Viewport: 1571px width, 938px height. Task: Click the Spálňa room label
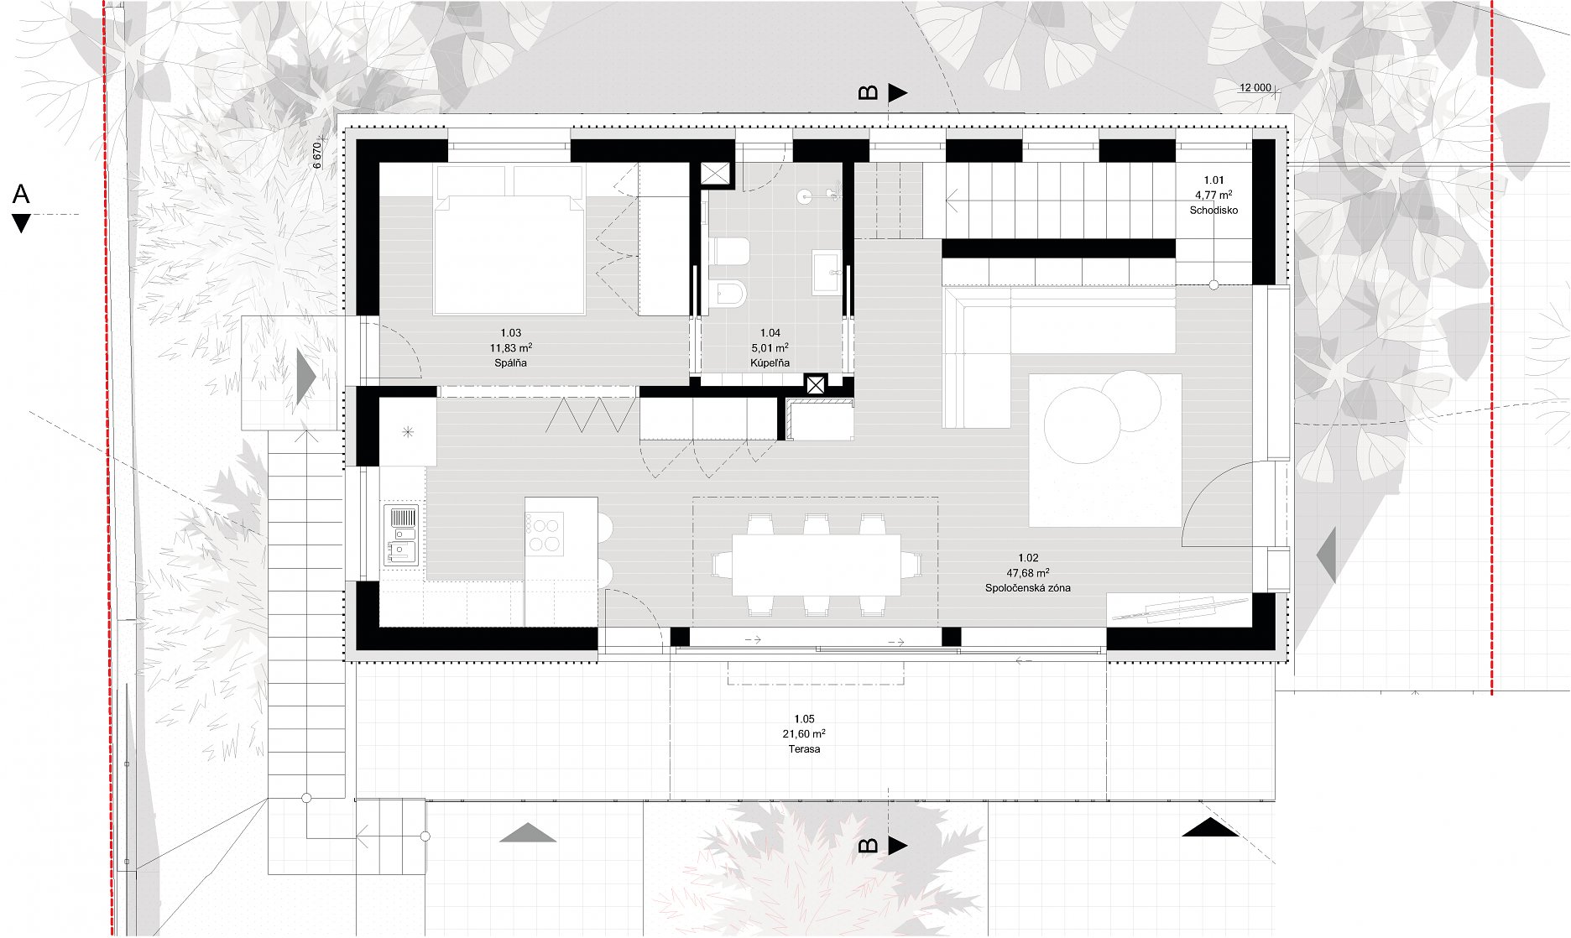510,363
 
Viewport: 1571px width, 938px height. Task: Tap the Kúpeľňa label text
770,363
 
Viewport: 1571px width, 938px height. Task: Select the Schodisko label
1213,211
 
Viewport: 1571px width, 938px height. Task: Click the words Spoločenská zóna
1028,588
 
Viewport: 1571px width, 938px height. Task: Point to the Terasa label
804,748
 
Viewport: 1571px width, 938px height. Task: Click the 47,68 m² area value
1028,573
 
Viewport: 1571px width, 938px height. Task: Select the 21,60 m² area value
804,733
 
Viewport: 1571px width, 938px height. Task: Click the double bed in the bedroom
509,240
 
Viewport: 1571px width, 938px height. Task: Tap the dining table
817,565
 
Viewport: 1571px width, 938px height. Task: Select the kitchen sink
402,534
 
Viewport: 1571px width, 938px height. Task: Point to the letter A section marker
21,195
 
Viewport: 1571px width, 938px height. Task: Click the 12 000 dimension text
1255,88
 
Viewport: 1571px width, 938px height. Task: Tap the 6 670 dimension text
317,155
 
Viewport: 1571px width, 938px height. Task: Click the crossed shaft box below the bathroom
816,385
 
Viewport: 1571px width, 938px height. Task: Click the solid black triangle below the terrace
1210,827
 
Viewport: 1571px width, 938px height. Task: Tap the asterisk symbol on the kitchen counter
408,432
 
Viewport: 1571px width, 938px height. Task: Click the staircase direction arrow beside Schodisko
953,201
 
